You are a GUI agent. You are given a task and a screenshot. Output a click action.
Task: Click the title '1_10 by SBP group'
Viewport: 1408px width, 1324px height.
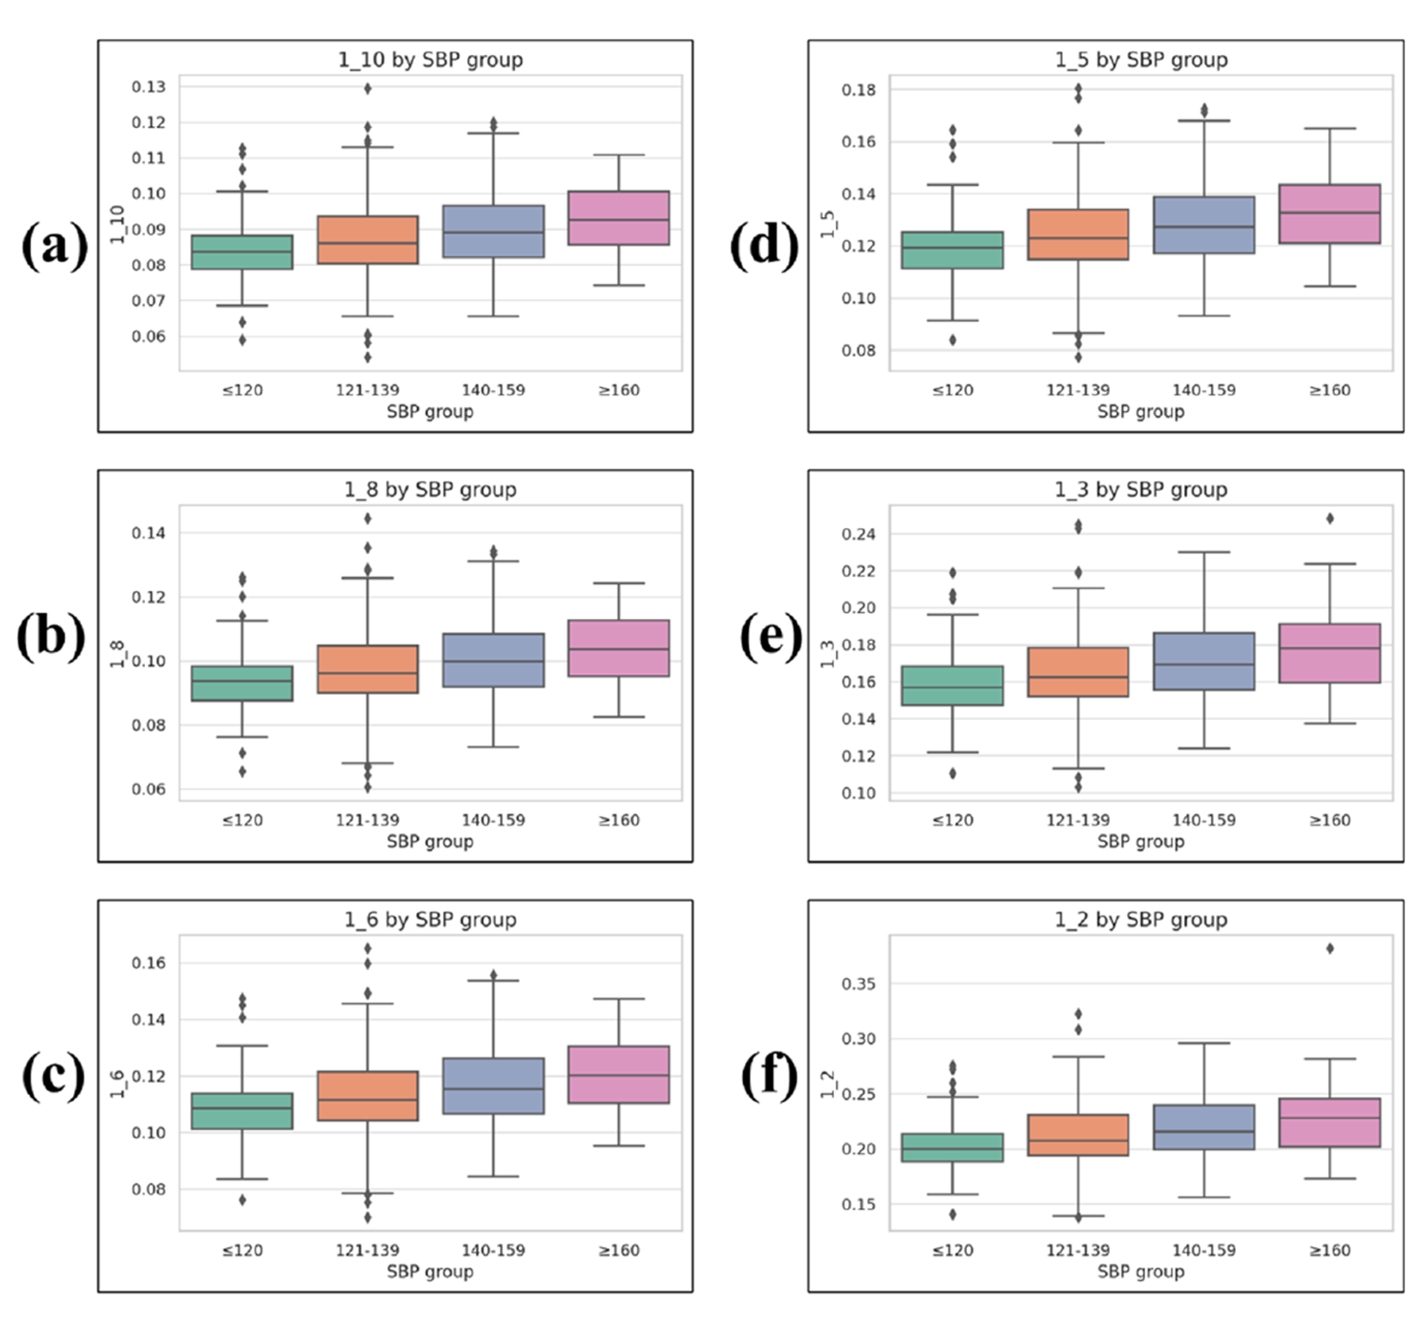tap(430, 60)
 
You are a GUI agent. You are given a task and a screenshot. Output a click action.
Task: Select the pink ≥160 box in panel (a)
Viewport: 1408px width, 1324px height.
tap(618, 218)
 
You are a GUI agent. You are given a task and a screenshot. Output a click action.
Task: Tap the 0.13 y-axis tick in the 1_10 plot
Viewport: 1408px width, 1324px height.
tap(149, 87)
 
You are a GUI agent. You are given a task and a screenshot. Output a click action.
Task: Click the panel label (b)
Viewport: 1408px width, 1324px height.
tap(52, 637)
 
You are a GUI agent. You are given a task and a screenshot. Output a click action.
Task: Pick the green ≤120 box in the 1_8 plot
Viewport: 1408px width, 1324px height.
tap(242, 683)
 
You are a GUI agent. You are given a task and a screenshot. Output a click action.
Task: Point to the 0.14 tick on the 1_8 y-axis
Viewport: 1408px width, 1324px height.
tap(149, 533)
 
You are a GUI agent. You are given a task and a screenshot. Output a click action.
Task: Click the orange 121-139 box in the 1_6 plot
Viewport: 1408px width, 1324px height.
tap(367, 1096)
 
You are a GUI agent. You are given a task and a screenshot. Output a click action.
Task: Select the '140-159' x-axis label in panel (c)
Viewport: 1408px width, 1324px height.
tap(493, 1250)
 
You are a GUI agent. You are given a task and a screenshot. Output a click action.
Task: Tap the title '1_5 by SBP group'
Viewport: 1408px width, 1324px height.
tap(1141, 60)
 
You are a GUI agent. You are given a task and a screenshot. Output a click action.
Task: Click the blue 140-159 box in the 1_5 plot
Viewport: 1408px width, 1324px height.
tap(1204, 225)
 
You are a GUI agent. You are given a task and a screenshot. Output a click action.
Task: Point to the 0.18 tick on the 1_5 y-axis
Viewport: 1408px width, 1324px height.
tap(858, 90)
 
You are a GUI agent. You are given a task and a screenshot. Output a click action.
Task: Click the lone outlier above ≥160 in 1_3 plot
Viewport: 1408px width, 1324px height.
tap(1329, 519)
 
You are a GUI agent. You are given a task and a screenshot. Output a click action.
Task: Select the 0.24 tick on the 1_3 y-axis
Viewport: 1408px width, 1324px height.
tap(858, 534)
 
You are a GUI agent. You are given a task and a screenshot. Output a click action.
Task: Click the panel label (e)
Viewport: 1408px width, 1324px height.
tap(770, 637)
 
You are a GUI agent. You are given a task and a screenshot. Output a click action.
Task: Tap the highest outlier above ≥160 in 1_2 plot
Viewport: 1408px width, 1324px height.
tap(1329, 948)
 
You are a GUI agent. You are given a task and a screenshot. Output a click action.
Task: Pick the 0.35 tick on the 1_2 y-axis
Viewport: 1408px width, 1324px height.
tap(858, 984)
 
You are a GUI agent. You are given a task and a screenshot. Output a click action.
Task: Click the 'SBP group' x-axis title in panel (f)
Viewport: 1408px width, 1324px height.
tap(1140, 1272)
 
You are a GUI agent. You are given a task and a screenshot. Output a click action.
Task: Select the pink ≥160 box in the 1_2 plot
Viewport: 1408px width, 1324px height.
tap(1329, 1122)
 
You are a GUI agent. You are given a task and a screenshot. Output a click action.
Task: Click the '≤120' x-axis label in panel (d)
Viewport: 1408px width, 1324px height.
tap(952, 390)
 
